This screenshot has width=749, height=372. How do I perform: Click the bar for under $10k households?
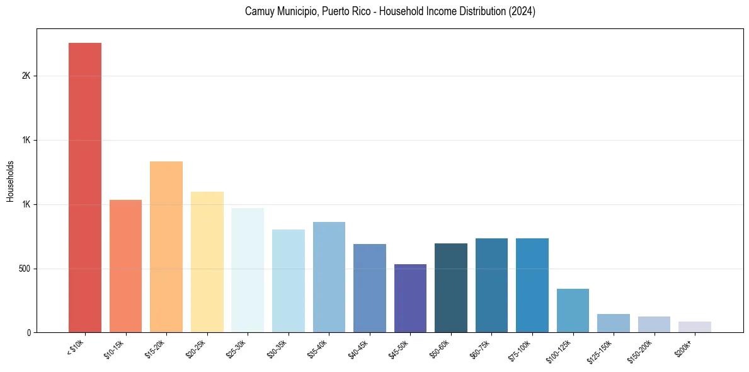click(85, 187)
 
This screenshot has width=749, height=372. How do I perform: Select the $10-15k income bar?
click(125, 266)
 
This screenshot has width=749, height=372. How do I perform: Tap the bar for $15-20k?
click(166, 247)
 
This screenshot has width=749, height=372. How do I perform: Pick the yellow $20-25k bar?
click(207, 262)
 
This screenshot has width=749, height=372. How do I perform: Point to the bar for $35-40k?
click(329, 277)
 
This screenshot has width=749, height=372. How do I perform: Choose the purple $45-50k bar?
click(410, 298)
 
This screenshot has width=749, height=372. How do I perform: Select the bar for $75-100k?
click(532, 285)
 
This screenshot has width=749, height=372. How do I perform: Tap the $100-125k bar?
click(573, 310)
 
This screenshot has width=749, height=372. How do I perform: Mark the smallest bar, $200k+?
click(695, 327)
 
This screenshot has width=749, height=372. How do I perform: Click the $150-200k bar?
click(654, 324)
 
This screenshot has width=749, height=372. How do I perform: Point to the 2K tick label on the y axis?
click(26, 76)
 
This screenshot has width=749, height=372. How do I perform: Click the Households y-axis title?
click(10, 181)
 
